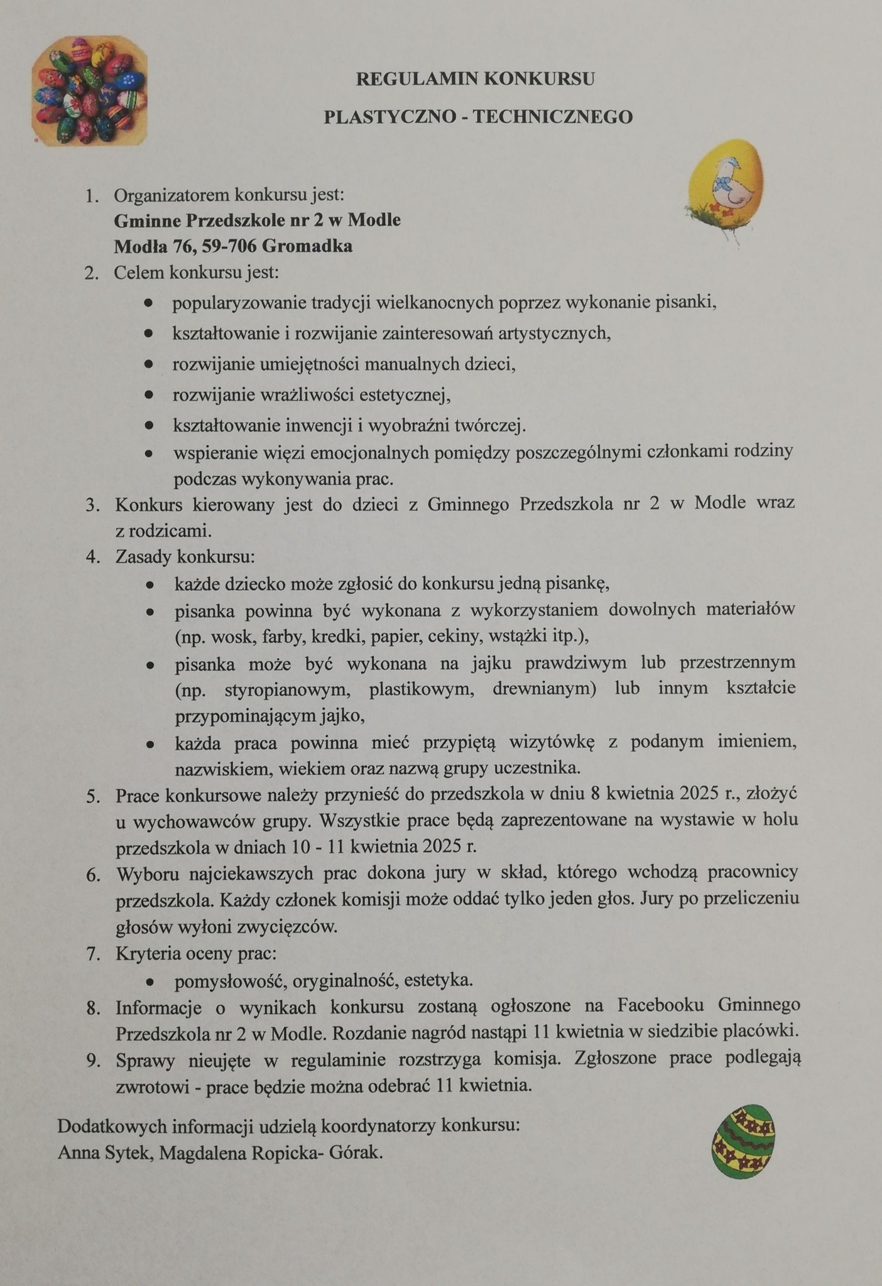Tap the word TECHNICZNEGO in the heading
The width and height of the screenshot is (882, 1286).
click(552, 117)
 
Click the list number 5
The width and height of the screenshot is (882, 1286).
click(94, 797)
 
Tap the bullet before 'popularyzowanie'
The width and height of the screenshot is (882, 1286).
click(148, 303)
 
